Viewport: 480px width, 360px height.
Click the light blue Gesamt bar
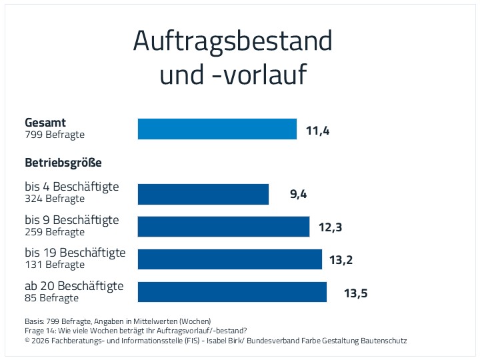[x=217, y=129]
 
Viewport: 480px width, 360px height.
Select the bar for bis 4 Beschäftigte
[x=203, y=194]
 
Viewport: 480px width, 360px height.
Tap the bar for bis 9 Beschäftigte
[x=223, y=227]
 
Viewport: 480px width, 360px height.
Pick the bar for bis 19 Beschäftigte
[x=230, y=259]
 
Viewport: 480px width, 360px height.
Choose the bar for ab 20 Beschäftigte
[x=232, y=292]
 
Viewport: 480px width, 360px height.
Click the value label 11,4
[x=318, y=131]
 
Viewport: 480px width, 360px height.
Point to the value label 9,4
[x=299, y=194]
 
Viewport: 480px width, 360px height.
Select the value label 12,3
[x=330, y=227]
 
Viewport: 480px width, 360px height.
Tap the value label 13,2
[x=341, y=260]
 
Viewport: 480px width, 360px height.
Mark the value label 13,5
[x=356, y=293]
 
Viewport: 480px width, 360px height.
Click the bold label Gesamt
[x=45, y=123]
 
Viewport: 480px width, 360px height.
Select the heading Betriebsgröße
[x=63, y=163]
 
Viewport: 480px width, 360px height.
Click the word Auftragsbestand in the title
[x=233, y=41]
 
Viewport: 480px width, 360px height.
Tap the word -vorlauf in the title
[x=260, y=74]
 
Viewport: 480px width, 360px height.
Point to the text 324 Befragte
[x=55, y=199]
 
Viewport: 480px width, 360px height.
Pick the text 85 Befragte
[x=52, y=298]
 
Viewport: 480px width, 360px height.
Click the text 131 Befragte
[x=55, y=265]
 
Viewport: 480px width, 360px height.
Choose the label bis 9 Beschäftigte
[x=72, y=220]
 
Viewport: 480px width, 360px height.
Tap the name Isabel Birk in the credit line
[x=219, y=341]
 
